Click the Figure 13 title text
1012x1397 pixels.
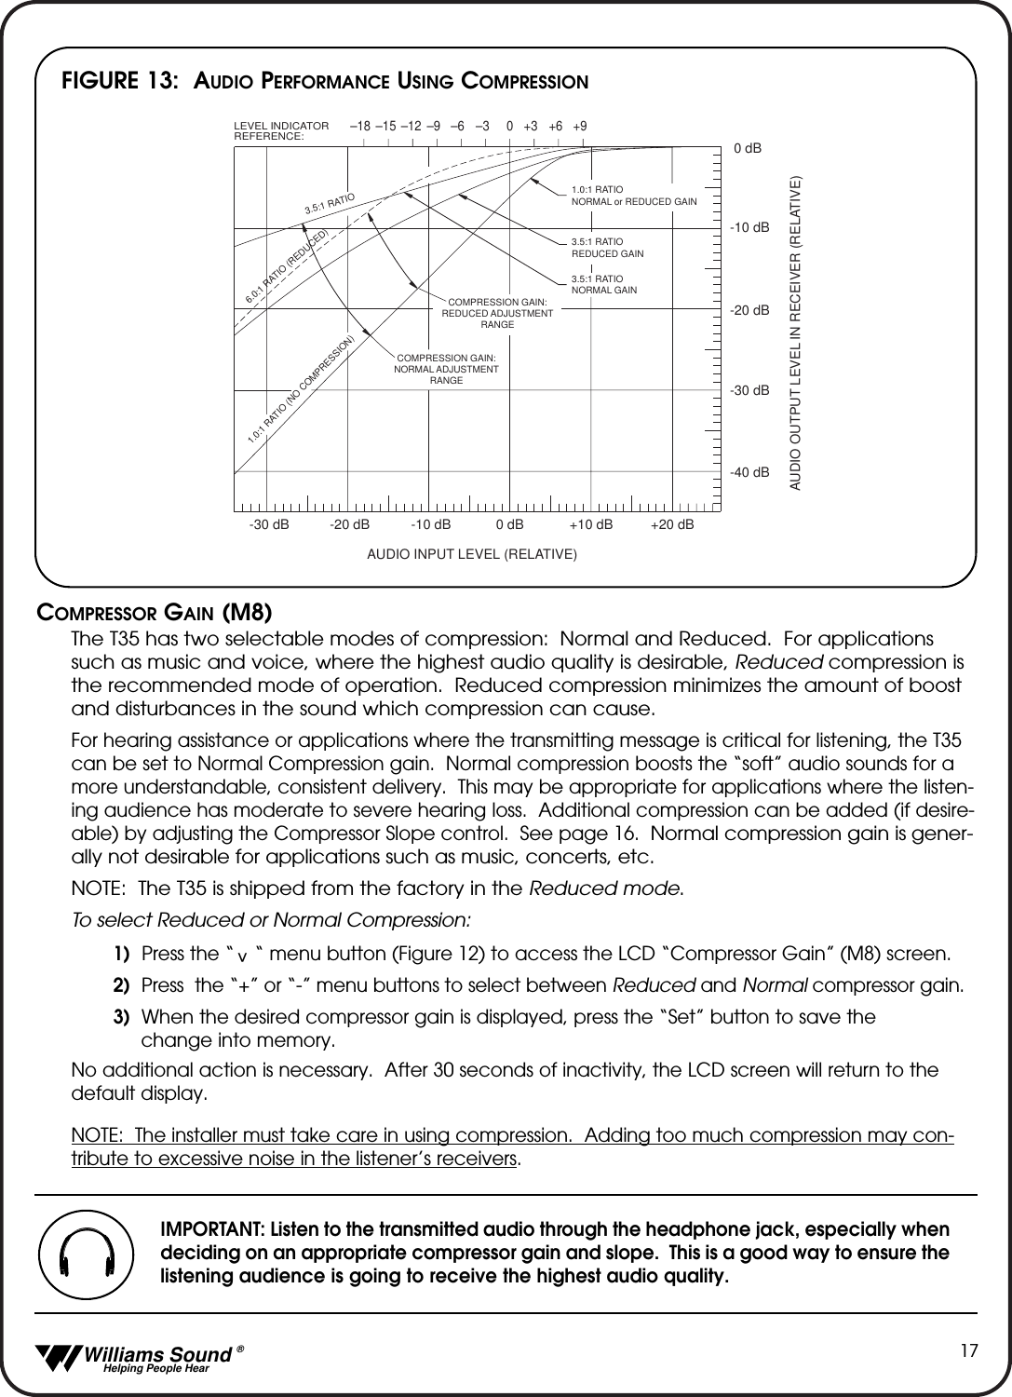324,81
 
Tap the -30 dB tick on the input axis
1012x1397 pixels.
269,525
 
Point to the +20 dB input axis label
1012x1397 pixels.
672,525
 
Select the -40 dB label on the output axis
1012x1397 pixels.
749,473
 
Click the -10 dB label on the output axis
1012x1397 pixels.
749,228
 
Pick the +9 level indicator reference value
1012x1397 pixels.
580,126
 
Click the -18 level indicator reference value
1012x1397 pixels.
360,126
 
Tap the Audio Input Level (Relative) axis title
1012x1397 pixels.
472,555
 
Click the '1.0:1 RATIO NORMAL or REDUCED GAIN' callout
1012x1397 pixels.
633,196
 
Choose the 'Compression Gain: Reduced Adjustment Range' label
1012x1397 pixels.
497,313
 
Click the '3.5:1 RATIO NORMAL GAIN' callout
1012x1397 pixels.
603,284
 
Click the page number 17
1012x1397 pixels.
969,1350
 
